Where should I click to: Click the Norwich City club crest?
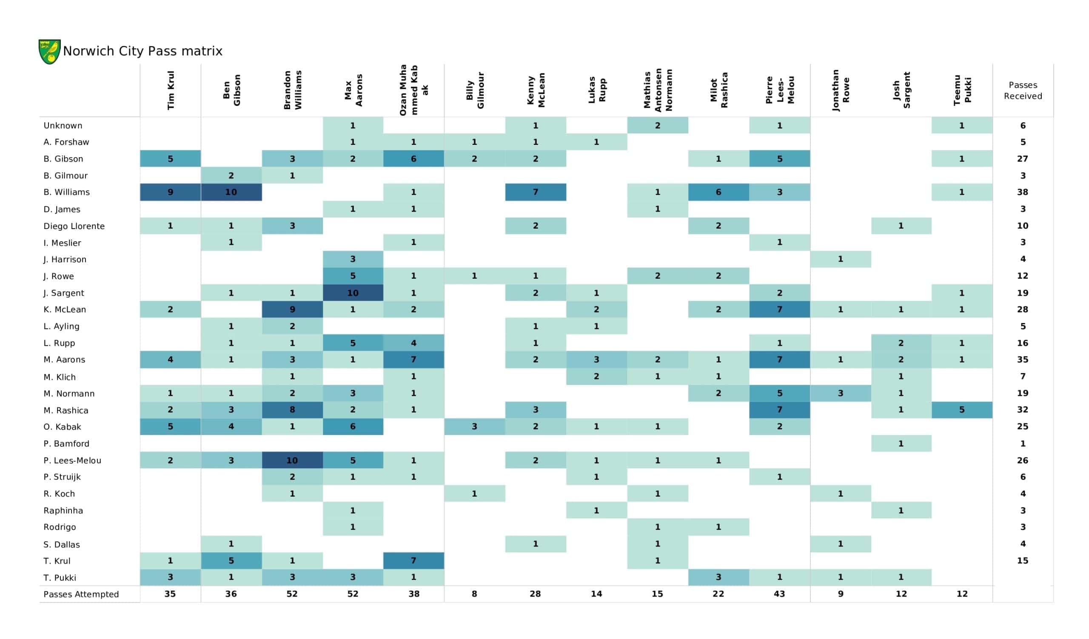click(x=49, y=51)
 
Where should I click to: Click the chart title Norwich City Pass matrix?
click(x=143, y=51)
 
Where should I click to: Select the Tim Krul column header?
click(x=171, y=90)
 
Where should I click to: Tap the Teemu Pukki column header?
click(x=962, y=90)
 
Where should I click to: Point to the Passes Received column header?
click(x=1023, y=90)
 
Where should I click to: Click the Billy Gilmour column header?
click(x=475, y=90)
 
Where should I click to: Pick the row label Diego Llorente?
click(x=74, y=226)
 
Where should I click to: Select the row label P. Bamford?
click(x=66, y=444)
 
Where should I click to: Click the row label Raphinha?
click(x=63, y=510)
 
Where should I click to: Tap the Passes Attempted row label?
click(x=81, y=594)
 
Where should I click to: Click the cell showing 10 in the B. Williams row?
click(x=231, y=192)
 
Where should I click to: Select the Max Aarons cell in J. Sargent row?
click(x=353, y=293)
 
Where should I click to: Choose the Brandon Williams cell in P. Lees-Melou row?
click(x=292, y=460)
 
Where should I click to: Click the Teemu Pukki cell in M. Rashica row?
click(x=962, y=410)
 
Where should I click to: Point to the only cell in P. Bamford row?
click(x=901, y=444)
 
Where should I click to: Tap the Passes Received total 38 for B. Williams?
click(x=1023, y=192)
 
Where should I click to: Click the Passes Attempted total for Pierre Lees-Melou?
click(x=780, y=594)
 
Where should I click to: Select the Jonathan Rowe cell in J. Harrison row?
click(x=841, y=259)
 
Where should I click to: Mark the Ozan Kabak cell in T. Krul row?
click(x=413, y=561)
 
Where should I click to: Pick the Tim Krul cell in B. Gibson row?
click(x=170, y=159)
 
